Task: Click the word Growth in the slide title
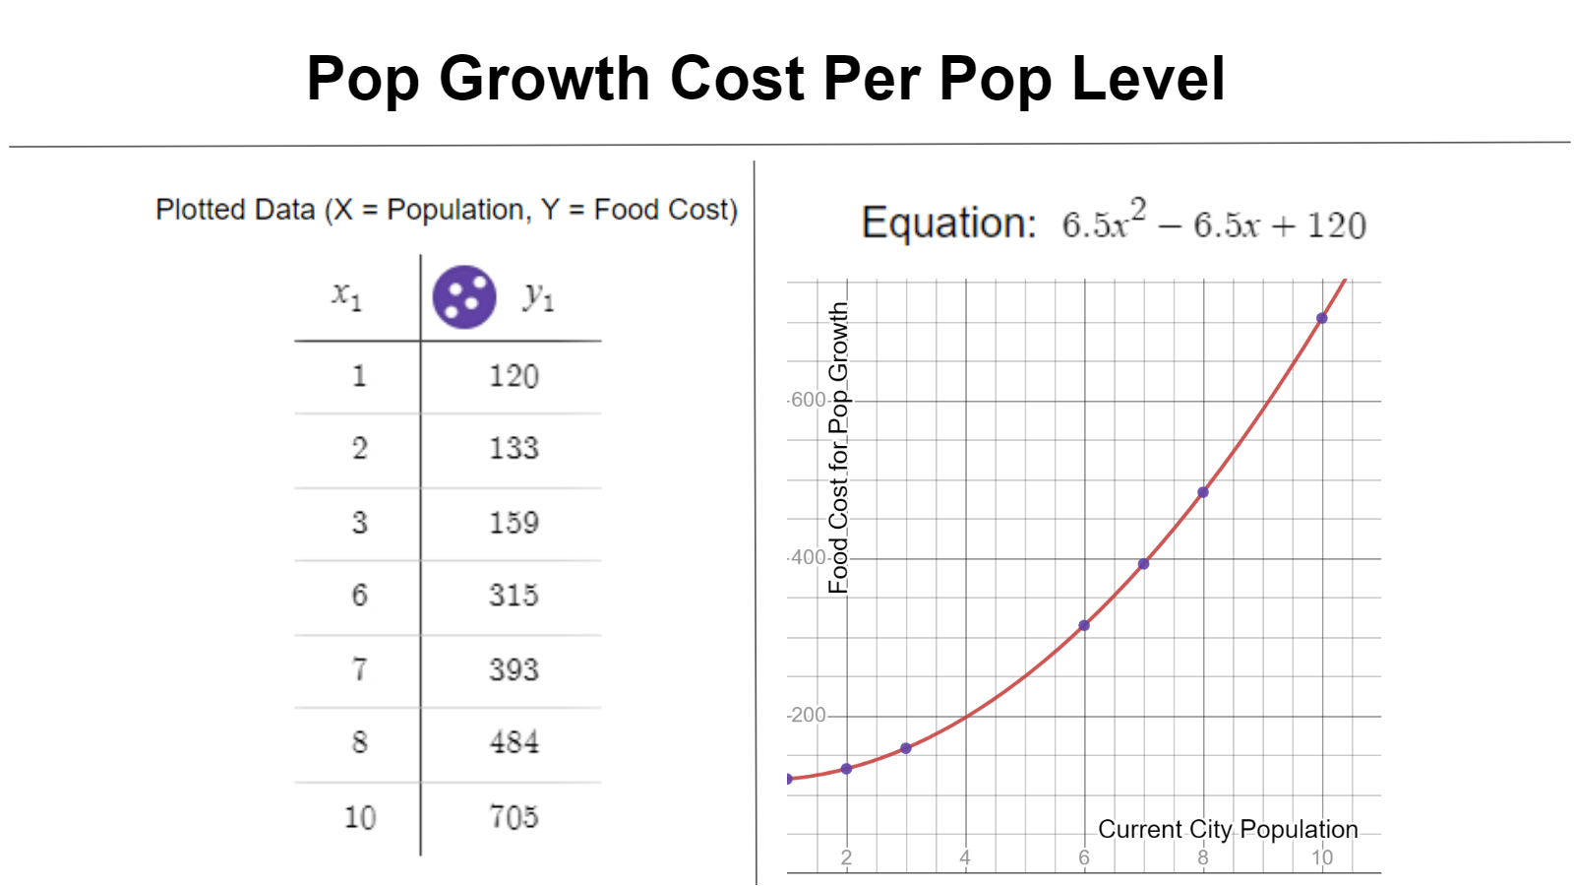tap(544, 79)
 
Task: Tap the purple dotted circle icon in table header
tap(464, 296)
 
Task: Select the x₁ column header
tap(347, 294)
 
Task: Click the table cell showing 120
tap(514, 376)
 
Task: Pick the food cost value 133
tap(514, 449)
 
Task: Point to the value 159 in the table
tap(514, 523)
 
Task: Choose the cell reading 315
tap(514, 596)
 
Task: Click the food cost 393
tap(514, 670)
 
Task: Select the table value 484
tap(514, 743)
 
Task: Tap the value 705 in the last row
tap(514, 817)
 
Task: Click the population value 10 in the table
tap(360, 817)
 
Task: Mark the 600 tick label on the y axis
tap(809, 400)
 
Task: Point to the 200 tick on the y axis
tap(809, 715)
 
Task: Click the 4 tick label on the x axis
tap(965, 857)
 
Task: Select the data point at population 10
tap(1322, 318)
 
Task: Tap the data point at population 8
tap(1203, 492)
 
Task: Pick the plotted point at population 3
tap(906, 748)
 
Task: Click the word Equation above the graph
tap(948, 223)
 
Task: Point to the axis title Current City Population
tap(1228, 830)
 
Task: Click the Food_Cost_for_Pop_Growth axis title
tap(838, 448)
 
